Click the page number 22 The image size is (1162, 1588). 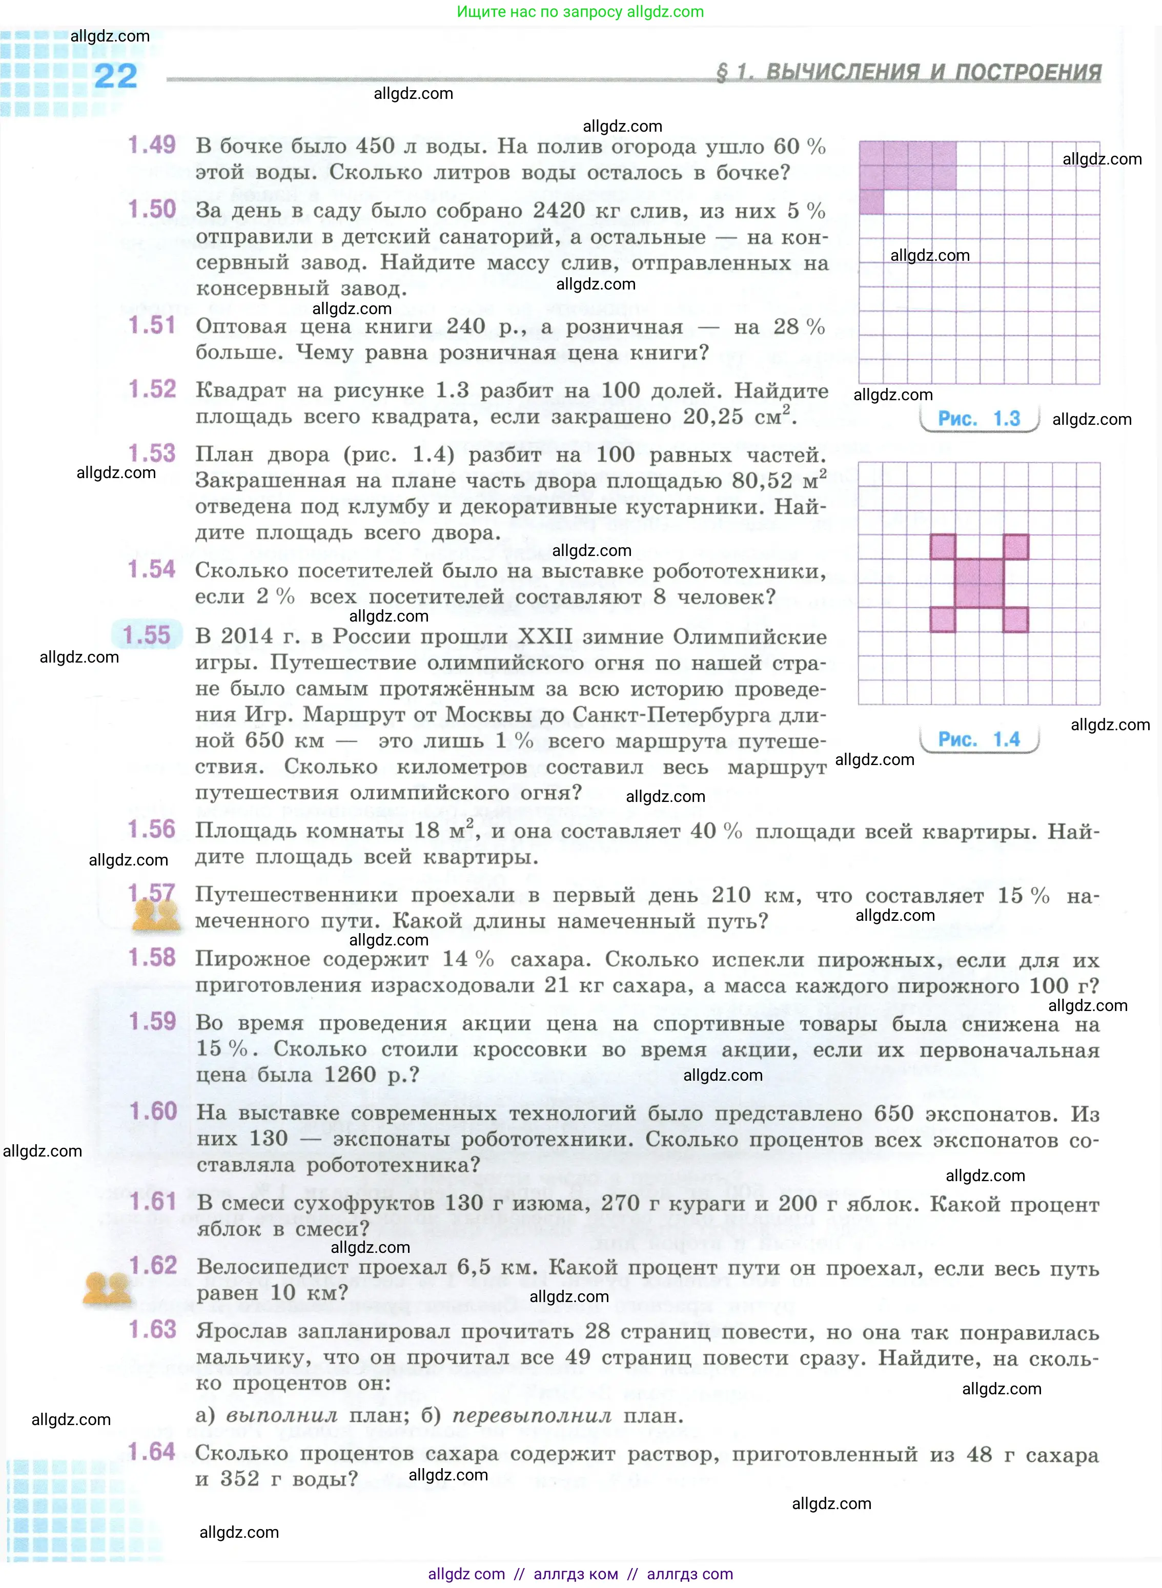(x=115, y=76)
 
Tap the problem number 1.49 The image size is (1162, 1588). (x=151, y=146)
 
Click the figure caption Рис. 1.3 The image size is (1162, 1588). (x=978, y=419)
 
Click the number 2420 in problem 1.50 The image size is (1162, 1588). (x=559, y=211)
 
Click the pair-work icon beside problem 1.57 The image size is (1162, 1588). (x=157, y=916)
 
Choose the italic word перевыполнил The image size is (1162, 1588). (x=531, y=1416)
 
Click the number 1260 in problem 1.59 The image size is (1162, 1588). (x=350, y=1075)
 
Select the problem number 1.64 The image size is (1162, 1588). (x=151, y=1452)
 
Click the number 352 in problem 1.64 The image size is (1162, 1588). (x=239, y=1478)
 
